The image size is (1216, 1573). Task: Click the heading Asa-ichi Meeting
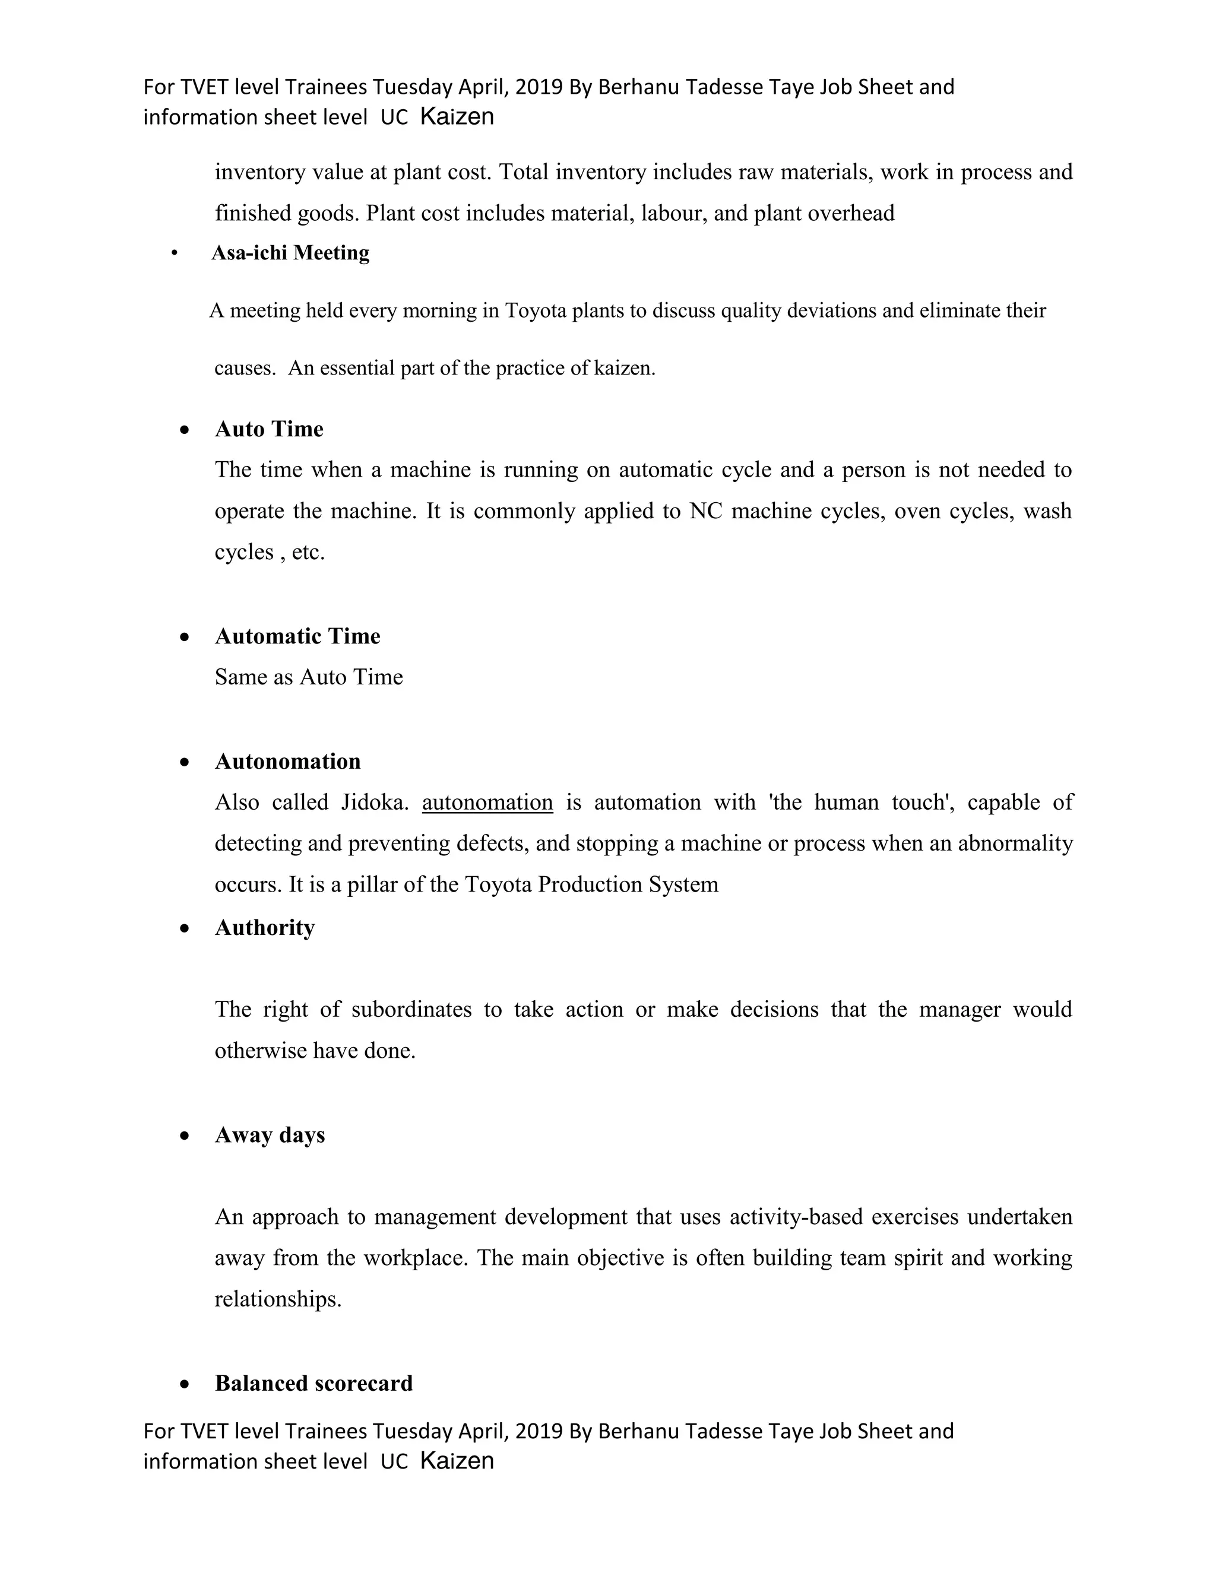290,253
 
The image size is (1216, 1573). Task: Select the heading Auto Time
269,429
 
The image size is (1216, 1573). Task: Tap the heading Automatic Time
297,636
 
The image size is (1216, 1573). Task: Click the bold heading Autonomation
287,762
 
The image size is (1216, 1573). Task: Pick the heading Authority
264,928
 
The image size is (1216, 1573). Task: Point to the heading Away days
270,1135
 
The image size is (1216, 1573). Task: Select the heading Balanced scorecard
313,1384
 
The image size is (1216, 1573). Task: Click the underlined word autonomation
487,803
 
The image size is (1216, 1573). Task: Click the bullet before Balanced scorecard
185,1384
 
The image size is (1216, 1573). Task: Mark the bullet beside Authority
185,928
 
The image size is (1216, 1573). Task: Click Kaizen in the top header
457,117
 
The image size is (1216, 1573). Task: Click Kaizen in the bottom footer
457,1461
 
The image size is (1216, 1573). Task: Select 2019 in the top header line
539,87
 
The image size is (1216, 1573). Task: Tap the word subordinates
411,1010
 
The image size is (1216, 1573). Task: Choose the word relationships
277,1299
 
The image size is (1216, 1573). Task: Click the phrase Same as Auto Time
308,678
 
